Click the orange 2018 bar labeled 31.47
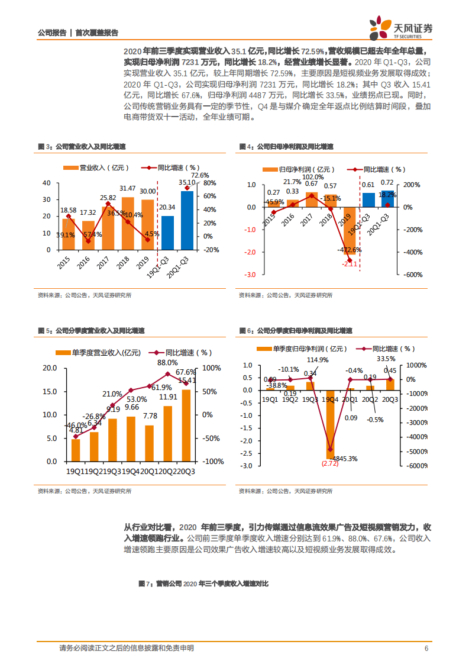(x=128, y=223)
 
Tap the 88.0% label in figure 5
(x=167, y=362)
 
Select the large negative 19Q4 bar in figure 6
(x=330, y=424)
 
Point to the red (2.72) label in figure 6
(x=330, y=464)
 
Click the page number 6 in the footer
(x=426, y=648)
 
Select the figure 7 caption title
(x=203, y=584)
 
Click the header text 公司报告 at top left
(x=51, y=33)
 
